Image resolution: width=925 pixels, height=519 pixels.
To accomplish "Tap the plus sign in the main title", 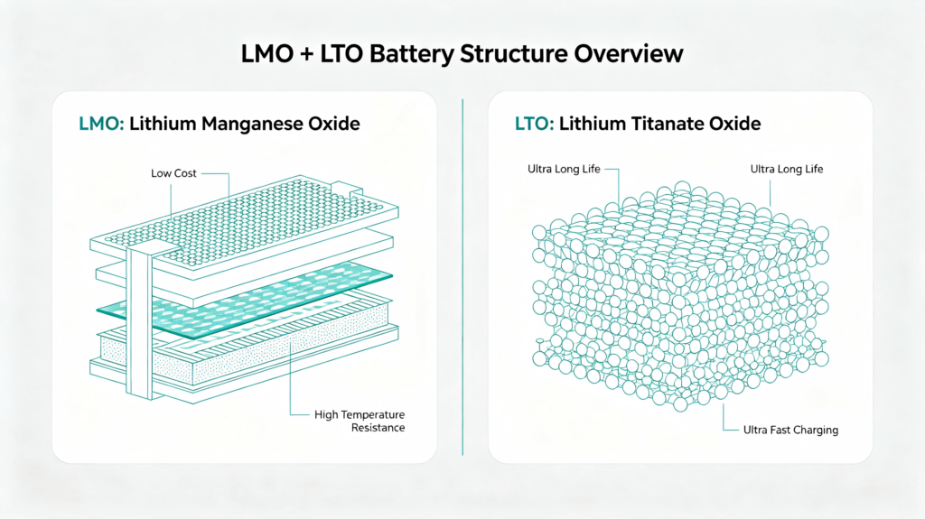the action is point(307,54).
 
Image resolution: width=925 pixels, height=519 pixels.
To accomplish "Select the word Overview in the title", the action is point(629,53).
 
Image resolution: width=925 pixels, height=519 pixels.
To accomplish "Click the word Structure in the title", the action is point(514,53).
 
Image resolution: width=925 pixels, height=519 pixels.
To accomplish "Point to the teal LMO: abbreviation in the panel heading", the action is point(101,124).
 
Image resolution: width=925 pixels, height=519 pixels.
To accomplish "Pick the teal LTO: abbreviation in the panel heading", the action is point(535,124).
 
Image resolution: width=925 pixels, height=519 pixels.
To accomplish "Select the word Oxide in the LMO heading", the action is point(333,124).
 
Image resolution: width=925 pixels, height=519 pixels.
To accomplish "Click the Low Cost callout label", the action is point(173,173).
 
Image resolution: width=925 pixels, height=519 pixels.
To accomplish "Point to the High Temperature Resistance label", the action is point(360,422).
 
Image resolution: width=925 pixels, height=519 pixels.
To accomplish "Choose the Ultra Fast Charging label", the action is point(790,430).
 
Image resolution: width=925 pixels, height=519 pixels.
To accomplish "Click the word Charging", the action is point(816,431).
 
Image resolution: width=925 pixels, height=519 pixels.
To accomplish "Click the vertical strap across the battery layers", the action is point(140,322).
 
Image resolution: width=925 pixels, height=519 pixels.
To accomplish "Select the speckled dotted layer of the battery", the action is point(248,348).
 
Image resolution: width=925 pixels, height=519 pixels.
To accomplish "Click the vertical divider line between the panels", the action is point(462,277).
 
